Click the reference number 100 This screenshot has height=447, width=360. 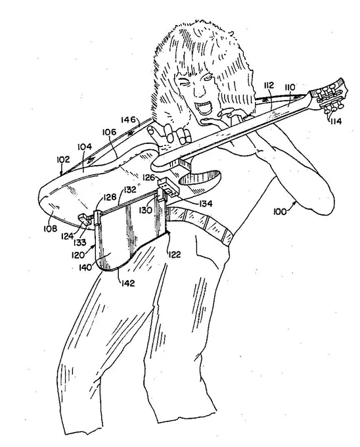tap(280, 212)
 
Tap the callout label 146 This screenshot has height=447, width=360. tap(128, 120)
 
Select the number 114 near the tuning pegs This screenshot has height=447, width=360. tap(336, 121)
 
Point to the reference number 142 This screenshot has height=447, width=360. tap(127, 283)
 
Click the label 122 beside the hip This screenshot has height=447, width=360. tap(174, 254)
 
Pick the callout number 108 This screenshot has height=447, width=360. tap(50, 228)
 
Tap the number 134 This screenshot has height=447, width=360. tap(206, 204)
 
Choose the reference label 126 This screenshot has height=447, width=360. tap(148, 178)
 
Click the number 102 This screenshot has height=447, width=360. tap(63, 159)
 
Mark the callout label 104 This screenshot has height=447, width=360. tap(85, 147)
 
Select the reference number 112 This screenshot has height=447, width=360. tap(269, 85)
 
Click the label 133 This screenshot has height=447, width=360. tap(79, 243)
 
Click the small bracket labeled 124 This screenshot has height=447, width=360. tap(85, 219)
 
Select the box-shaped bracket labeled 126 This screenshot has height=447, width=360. tap(168, 187)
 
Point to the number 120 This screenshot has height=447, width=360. tap(78, 254)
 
